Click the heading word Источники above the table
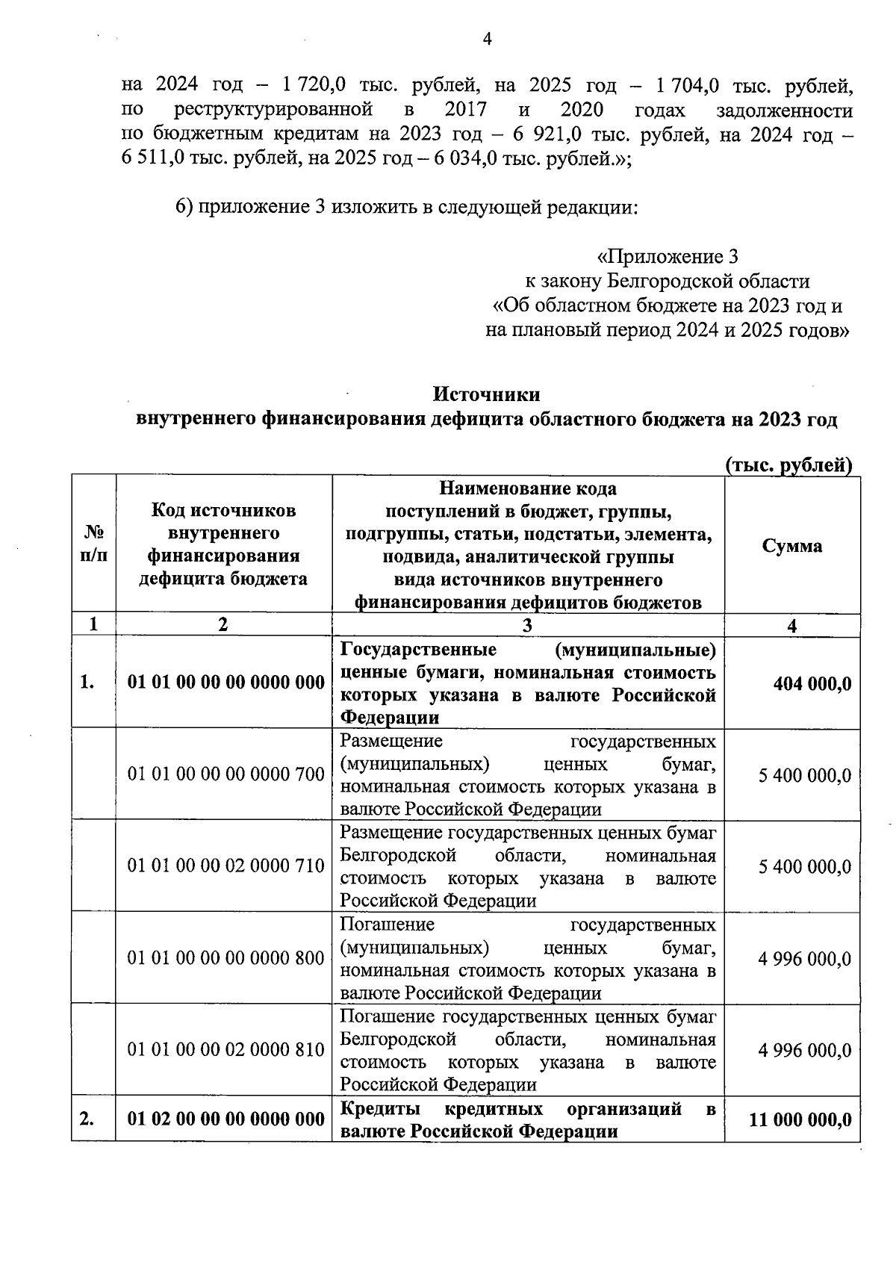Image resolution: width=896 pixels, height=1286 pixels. [x=487, y=394]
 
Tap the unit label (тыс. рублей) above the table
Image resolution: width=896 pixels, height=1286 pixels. [x=789, y=465]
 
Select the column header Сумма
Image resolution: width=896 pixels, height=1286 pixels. [x=792, y=546]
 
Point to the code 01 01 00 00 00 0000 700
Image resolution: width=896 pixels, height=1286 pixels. [x=226, y=774]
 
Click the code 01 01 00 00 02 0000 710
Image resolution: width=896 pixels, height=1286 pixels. [x=226, y=866]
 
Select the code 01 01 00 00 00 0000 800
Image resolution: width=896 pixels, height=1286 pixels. [x=226, y=958]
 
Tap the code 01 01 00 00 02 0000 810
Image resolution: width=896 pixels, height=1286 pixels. [x=226, y=1050]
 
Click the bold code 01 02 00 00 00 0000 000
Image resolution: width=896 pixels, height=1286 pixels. [x=226, y=1119]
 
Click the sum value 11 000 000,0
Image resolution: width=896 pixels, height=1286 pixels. [x=800, y=1119]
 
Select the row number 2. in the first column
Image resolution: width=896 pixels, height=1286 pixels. [x=87, y=1119]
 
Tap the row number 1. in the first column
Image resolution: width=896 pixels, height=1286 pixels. [x=87, y=683]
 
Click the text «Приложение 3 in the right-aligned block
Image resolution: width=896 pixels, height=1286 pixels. [x=668, y=258]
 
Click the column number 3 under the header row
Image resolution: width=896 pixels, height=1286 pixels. [x=528, y=626]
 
